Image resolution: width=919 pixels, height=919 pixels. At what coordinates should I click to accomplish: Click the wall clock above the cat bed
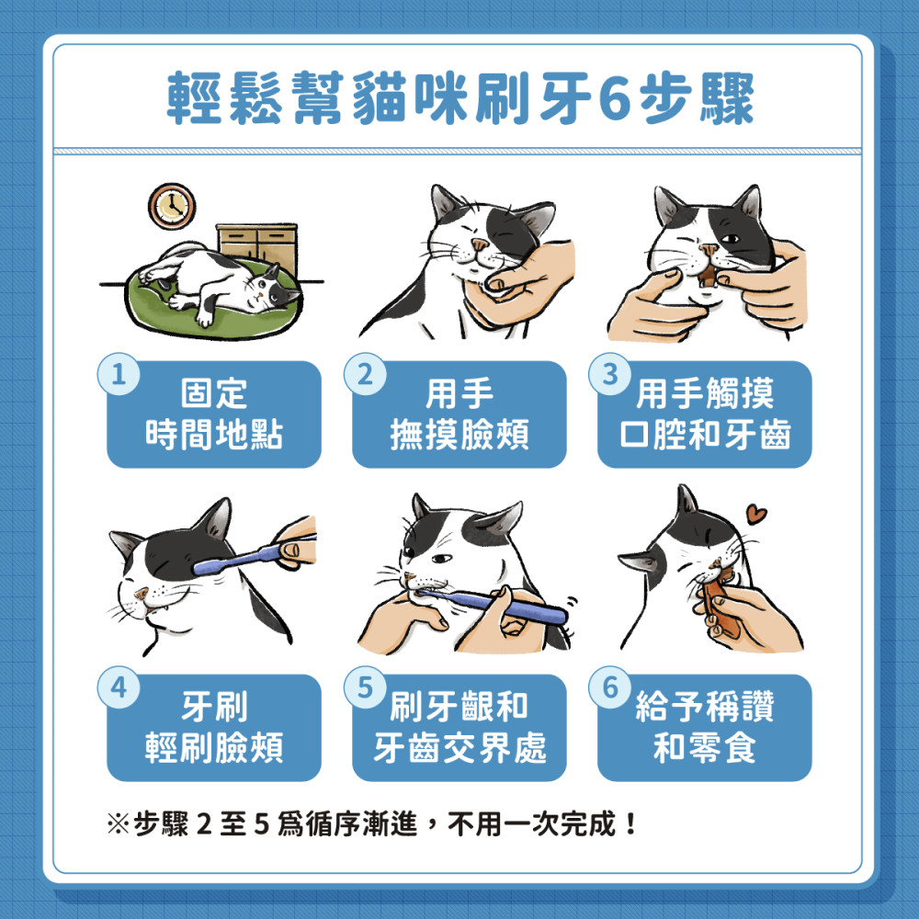tap(172, 206)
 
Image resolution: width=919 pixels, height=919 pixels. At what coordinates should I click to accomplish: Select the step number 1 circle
tap(119, 374)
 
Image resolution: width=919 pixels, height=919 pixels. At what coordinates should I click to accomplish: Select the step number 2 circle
tap(365, 374)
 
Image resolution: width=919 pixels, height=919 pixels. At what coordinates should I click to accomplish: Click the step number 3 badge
tap(610, 374)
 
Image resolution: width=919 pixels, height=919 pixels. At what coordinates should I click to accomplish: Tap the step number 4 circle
tap(119, 687)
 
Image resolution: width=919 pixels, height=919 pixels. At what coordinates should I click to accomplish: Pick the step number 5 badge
tap(365, 687)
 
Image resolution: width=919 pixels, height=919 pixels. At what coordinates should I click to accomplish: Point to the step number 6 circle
tap(610, 687)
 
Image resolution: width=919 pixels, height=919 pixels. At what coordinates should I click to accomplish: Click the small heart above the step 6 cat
tap(756, 514)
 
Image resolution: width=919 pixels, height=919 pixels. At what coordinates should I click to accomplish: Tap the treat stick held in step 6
tap(720, 607)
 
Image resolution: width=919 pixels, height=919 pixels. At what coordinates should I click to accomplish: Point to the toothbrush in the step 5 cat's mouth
tap(493, 605)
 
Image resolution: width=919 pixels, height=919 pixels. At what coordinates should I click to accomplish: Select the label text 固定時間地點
tap(214, 414)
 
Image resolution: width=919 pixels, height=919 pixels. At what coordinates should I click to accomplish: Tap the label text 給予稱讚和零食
tap(705, 727)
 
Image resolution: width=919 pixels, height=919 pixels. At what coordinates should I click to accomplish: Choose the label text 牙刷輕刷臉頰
tap(214, 727)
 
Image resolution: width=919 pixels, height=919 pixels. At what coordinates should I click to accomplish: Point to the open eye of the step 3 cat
tap(730, 239)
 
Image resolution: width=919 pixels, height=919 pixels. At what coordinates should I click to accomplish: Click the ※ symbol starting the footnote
tap(117, 824)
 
